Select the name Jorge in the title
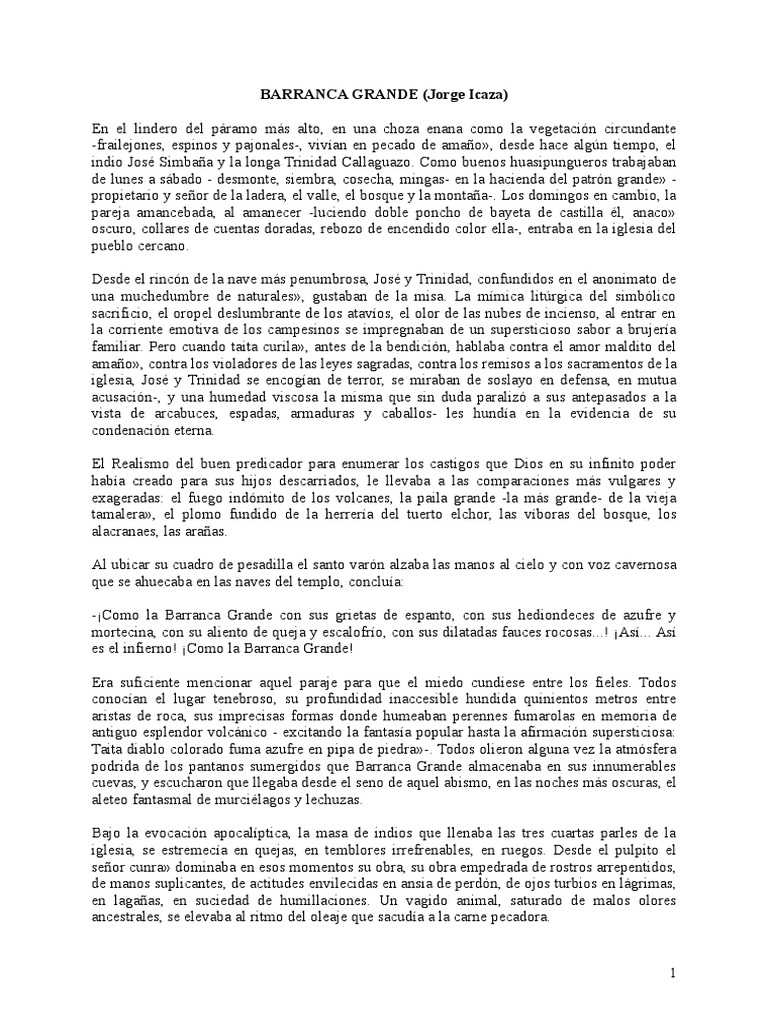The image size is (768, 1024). pyautogui.click(x=442, y=96)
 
